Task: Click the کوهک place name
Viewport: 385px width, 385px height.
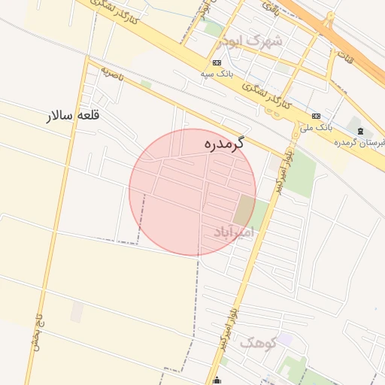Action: point(259,343)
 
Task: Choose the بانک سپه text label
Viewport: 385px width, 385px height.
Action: point(216,74)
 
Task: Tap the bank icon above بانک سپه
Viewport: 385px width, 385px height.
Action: point(217,63)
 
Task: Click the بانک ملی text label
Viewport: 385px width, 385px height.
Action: point(316,128)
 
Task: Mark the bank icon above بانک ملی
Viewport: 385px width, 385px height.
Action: point(316,117)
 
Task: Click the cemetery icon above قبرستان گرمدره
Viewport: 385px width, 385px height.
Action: point(360,132)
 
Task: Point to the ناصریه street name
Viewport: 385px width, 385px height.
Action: point(111,74)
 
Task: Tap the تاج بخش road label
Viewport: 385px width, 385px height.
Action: point(35,328)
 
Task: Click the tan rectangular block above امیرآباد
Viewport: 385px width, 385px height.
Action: point(244,209)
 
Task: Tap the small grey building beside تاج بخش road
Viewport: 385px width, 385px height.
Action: point(77,312)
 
